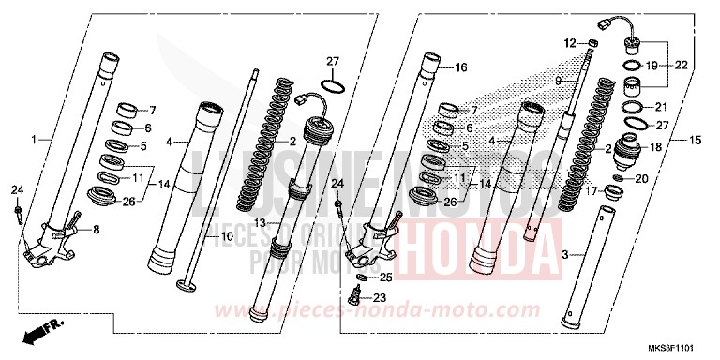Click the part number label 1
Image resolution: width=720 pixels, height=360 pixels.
coord(35,140)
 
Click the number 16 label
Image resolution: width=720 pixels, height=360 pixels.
coord(460,67)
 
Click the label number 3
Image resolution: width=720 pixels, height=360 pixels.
coord(564,254)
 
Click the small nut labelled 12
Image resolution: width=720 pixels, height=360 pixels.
coord(592,43)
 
